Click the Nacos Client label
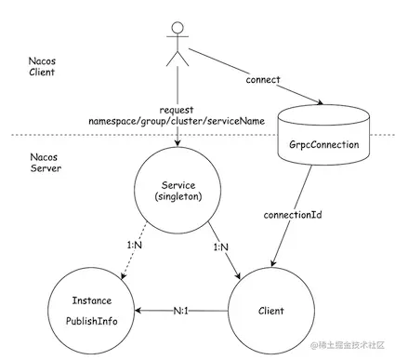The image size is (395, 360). tap(41, 68)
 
